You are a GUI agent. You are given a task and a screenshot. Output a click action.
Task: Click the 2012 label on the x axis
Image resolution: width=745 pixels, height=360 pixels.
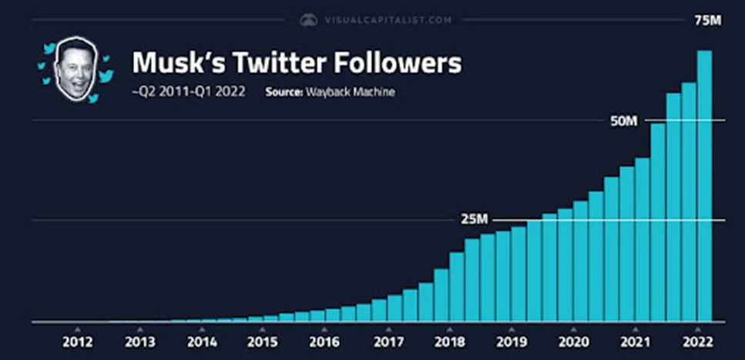point(78,341)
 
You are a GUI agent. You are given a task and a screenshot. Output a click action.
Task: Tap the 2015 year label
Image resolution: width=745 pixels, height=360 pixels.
point(263,341)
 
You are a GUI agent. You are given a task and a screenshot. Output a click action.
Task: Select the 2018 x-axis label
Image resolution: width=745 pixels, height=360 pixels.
point(448,341)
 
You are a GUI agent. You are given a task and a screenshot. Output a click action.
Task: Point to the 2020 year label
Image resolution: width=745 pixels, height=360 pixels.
point(572,341)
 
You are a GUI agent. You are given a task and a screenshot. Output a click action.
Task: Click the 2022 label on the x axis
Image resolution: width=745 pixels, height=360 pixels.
point(696,341)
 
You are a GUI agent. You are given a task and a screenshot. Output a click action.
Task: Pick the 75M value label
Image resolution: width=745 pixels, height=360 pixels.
point(707,20)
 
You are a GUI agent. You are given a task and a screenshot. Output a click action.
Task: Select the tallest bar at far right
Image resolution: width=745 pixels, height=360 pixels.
point(704,185)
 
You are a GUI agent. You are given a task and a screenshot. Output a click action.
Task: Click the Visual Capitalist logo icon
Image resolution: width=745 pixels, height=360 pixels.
point(309,20)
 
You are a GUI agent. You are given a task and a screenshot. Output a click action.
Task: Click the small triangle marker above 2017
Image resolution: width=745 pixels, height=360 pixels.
point(387,329)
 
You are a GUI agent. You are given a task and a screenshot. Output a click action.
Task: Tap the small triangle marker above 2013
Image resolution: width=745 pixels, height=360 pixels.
point(139,329)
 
